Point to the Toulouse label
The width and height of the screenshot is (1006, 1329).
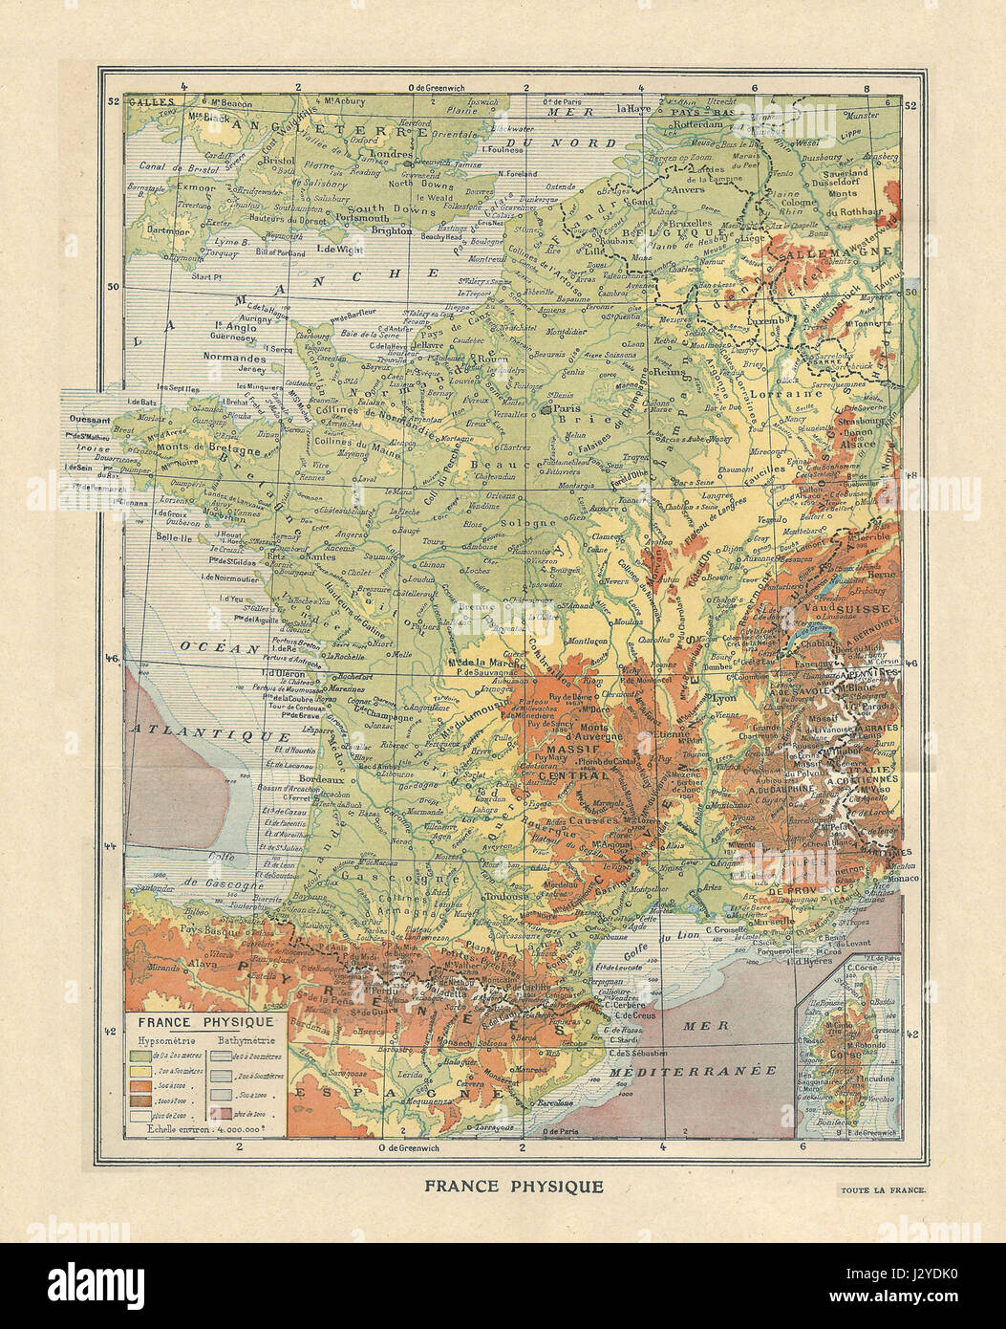point(505,897)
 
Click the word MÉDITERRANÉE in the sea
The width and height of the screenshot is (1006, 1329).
point(695,1072)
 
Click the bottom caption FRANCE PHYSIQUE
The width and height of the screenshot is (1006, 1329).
point(514,1187)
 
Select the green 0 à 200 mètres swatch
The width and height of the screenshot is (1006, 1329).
point(139,1056)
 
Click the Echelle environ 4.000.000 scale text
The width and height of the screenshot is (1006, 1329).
point(204,1128)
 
